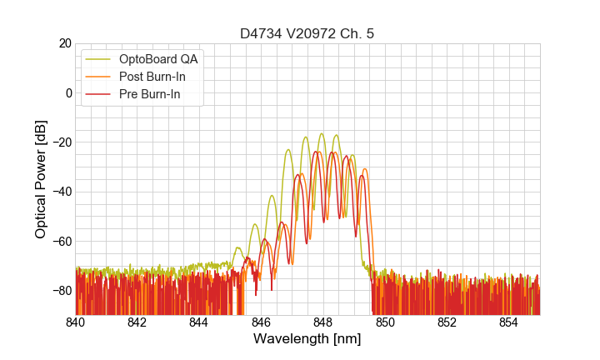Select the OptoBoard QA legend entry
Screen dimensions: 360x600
(157, 59)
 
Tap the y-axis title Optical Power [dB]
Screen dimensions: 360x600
(41, 178)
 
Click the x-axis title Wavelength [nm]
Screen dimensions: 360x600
(307, 339)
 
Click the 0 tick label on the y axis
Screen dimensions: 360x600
(69, 92)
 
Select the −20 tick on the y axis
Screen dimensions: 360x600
(62, 142)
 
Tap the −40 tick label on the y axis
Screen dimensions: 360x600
(62, 192)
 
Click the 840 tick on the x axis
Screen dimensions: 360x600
(76, 322)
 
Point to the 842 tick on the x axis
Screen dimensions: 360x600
(137, 322)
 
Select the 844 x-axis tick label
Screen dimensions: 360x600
(199, 322)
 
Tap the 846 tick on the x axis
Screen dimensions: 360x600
(261, 322)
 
